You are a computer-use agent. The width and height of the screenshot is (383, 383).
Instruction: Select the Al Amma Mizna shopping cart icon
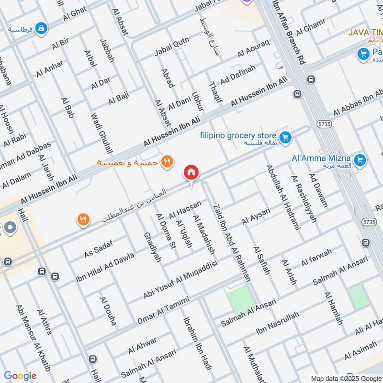pos(360,160)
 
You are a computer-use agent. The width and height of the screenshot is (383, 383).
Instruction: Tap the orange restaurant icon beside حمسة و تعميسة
pos(167,161)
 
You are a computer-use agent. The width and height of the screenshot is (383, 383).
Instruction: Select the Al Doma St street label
pos(166,232)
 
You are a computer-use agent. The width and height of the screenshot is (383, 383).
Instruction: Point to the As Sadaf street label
pos(98,249)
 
